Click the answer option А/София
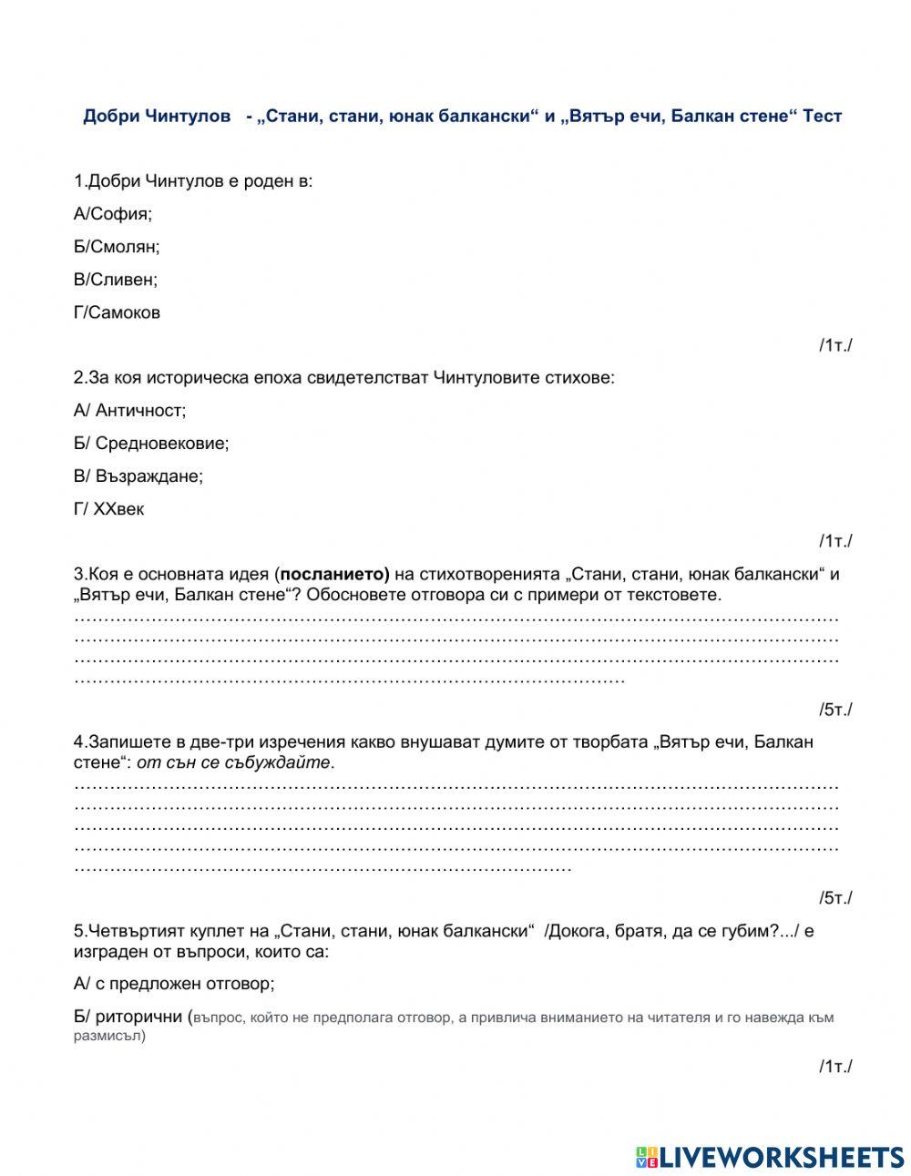pyautogui.click(x=113, y=214)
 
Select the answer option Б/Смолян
pyautogui.click(x=117, y=247)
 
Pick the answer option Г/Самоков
pyautogui.click(x=117, y=312)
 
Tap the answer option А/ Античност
pyautogui.click(x=129, y=411)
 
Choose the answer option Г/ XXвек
pyautogui.click(x=108, y=509)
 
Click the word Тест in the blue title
pyautogui.click(x=822, y=117)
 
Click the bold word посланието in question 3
pyautogui.click(x=334, y=574)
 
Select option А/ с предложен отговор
pyautogui.click(x=174, y=984)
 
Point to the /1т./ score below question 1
pyautogui.click(x=834, y=344)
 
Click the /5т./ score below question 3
pyautogui.click(x=834, y=710)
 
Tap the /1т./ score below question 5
pyautogui.click(x=834, y=1067)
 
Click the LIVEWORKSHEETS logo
pyautogui.click(x=769, y=1157)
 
